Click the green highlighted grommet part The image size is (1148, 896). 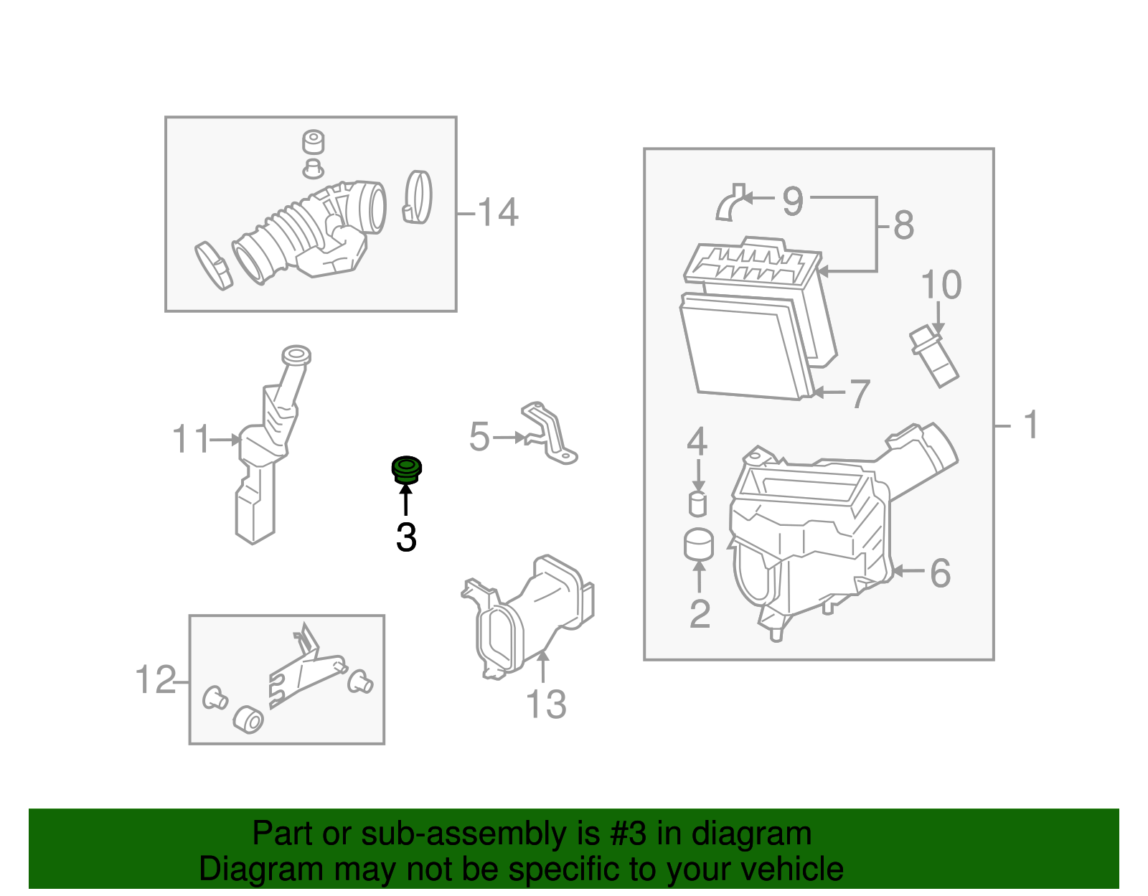click(406, 470)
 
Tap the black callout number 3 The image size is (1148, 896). click(406, 537)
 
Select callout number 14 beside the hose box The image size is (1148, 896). click(497, 212)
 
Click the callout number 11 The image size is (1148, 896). click(191, 439)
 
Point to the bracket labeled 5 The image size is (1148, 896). click(550, 434)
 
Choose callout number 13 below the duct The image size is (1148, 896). click(546, 704)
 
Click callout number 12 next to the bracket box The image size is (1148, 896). click(156, 679)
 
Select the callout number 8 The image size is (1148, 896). click(903, 225)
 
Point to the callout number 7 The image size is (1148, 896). click(860, 394)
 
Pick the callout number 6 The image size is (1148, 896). click(940, 572)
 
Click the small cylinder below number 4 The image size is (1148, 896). click(697, 504)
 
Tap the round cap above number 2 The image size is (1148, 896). click(699, 544)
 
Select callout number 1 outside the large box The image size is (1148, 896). click(1031, 425)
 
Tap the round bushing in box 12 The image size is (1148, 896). click(249, 719)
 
